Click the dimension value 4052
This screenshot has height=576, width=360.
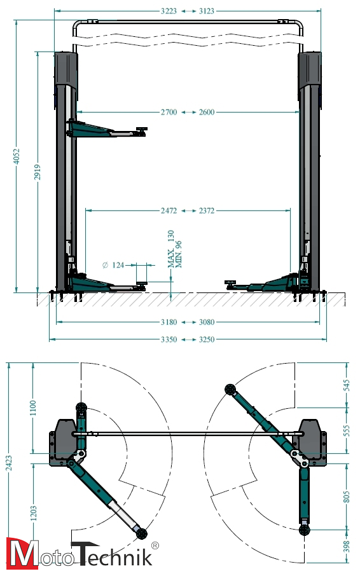tap(17, 156)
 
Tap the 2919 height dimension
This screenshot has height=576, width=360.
tap(38, 172)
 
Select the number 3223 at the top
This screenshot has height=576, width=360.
tap(169, 11)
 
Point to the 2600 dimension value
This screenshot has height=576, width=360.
tap(207, 112)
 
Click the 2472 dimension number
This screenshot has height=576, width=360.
tap(169, 211)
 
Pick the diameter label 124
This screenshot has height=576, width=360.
tap(113, 265)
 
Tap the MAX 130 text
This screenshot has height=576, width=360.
tap(171, 249)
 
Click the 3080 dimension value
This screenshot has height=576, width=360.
tap(207, 322)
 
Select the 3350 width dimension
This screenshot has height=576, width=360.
tap(169, 339)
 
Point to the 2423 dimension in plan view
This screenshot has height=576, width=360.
tap(9, 462)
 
